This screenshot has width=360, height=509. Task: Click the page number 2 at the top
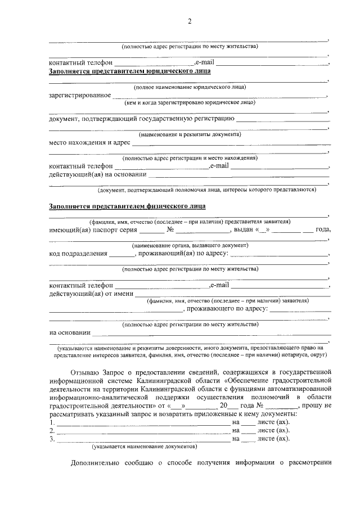[x=190, y=21]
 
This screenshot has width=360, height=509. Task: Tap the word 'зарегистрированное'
[x=79, y=95]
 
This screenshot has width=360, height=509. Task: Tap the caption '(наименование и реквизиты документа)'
[x=190, y=134]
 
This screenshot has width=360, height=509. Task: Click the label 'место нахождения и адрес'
[x=89, y=142]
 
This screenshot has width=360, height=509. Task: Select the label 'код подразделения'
[x=78, y=254]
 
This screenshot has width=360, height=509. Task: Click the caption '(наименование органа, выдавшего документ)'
[x=190, y=246]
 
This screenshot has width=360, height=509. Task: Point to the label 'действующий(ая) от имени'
[x=91, y=293]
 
